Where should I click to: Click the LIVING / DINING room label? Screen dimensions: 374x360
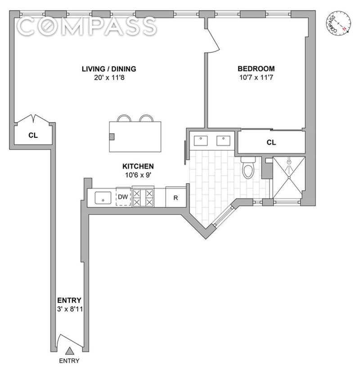point(108,69)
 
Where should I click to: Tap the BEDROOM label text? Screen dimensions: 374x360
point(256,69)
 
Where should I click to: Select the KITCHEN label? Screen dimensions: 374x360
point(139,166)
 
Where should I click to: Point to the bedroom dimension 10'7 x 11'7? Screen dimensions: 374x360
point(256,77)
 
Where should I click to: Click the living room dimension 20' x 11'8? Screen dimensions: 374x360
point(108,77)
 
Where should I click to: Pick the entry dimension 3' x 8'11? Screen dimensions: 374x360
point(69,309)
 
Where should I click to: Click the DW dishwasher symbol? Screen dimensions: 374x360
point(123,197)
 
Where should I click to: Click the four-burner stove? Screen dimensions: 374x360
point(143,197)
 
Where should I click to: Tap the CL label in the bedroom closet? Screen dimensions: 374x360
point(271,143)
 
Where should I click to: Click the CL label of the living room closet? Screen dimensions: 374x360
point(33,135)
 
